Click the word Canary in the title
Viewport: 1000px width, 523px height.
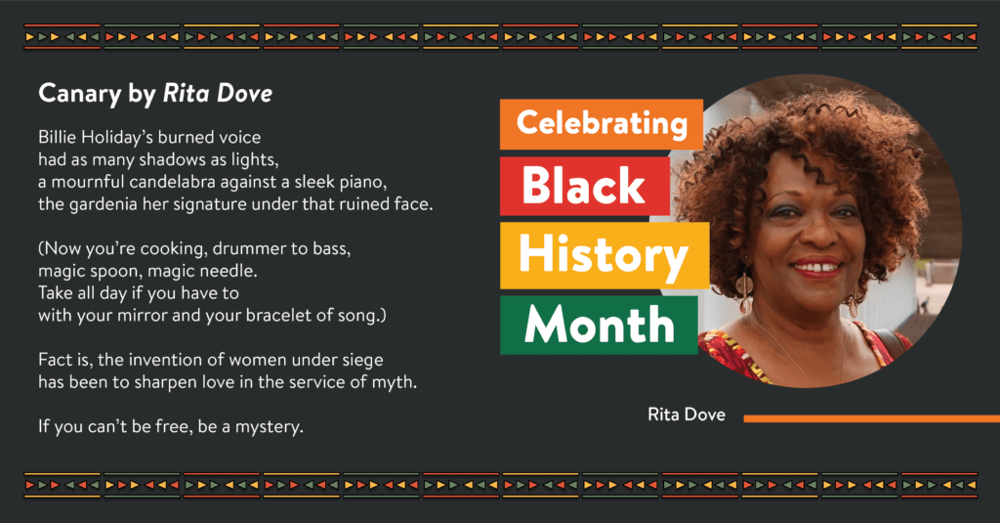tap(80, 95)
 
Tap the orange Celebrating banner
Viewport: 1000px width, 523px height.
tap(602, 124)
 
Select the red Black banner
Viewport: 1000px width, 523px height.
tap(585, 186)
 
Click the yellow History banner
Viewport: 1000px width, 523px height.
tap(604, 255)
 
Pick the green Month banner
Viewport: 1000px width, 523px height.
tap(599, 325)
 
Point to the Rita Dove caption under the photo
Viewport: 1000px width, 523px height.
tap(687, 414)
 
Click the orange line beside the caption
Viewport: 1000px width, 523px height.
tap(872, 419)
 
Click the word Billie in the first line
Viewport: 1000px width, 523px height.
tap(55, 137)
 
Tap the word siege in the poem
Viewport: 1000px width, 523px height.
tap(364, 361)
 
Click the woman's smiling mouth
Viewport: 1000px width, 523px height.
tap(818, 267)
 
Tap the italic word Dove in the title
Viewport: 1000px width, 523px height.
tap(244, 94)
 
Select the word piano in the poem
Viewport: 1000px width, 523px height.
tap(365, 183)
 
